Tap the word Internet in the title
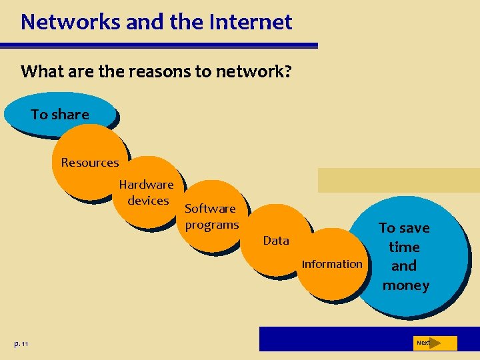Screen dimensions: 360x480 click(251, 22)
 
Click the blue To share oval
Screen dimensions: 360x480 click(59, 115)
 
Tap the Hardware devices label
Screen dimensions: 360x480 click(147, 192)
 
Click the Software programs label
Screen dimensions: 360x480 click(211, 217)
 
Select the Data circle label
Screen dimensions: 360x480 click(276, 241)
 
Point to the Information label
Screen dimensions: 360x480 click(332, 264)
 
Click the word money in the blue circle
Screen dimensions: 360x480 click(405, 285)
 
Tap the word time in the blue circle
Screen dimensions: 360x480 click(404, 247)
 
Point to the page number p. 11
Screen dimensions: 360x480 click(21, 343)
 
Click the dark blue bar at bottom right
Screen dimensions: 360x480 click(333, 339)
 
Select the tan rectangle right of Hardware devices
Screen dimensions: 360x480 click(398, 180)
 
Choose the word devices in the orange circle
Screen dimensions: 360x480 click(148, 200)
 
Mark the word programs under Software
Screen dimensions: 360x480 click(211, 225)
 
